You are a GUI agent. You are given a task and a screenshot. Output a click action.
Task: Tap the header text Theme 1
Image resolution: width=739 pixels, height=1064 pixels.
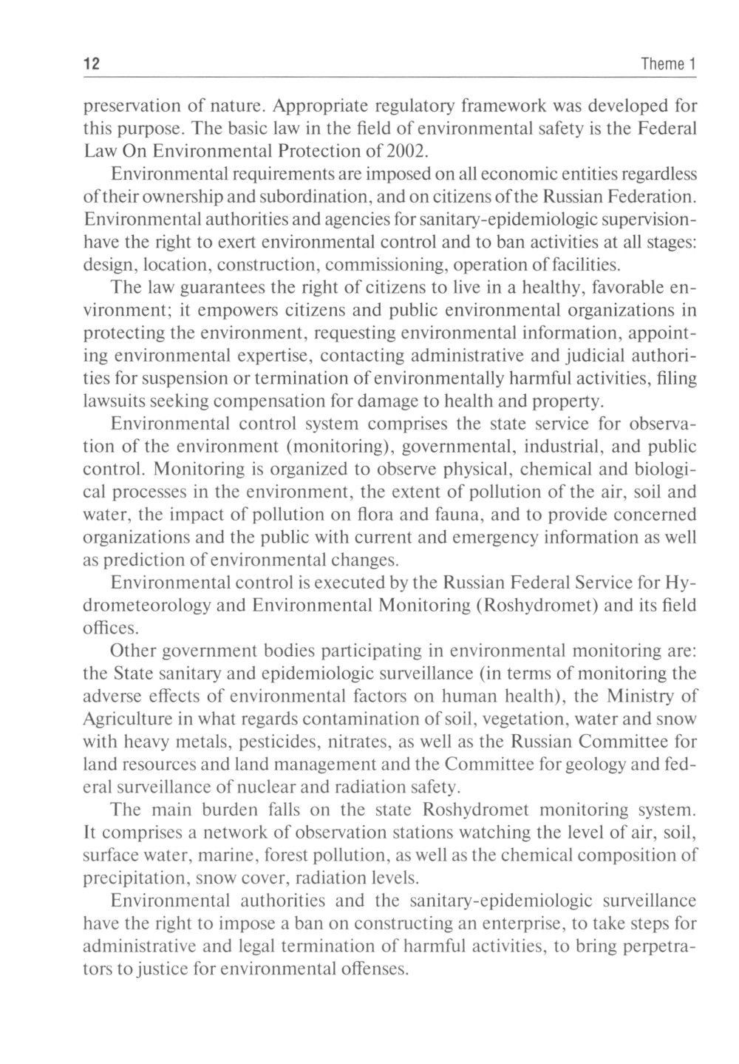tap(669, 64)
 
